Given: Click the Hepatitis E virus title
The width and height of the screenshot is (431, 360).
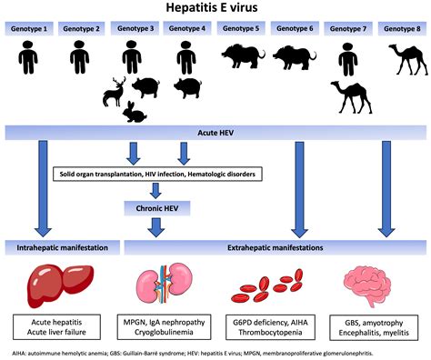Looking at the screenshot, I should tap(215, 9).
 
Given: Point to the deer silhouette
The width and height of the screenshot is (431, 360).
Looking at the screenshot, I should tap(116, 91).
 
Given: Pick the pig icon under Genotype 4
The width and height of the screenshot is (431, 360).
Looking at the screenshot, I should tap(187, 87).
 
